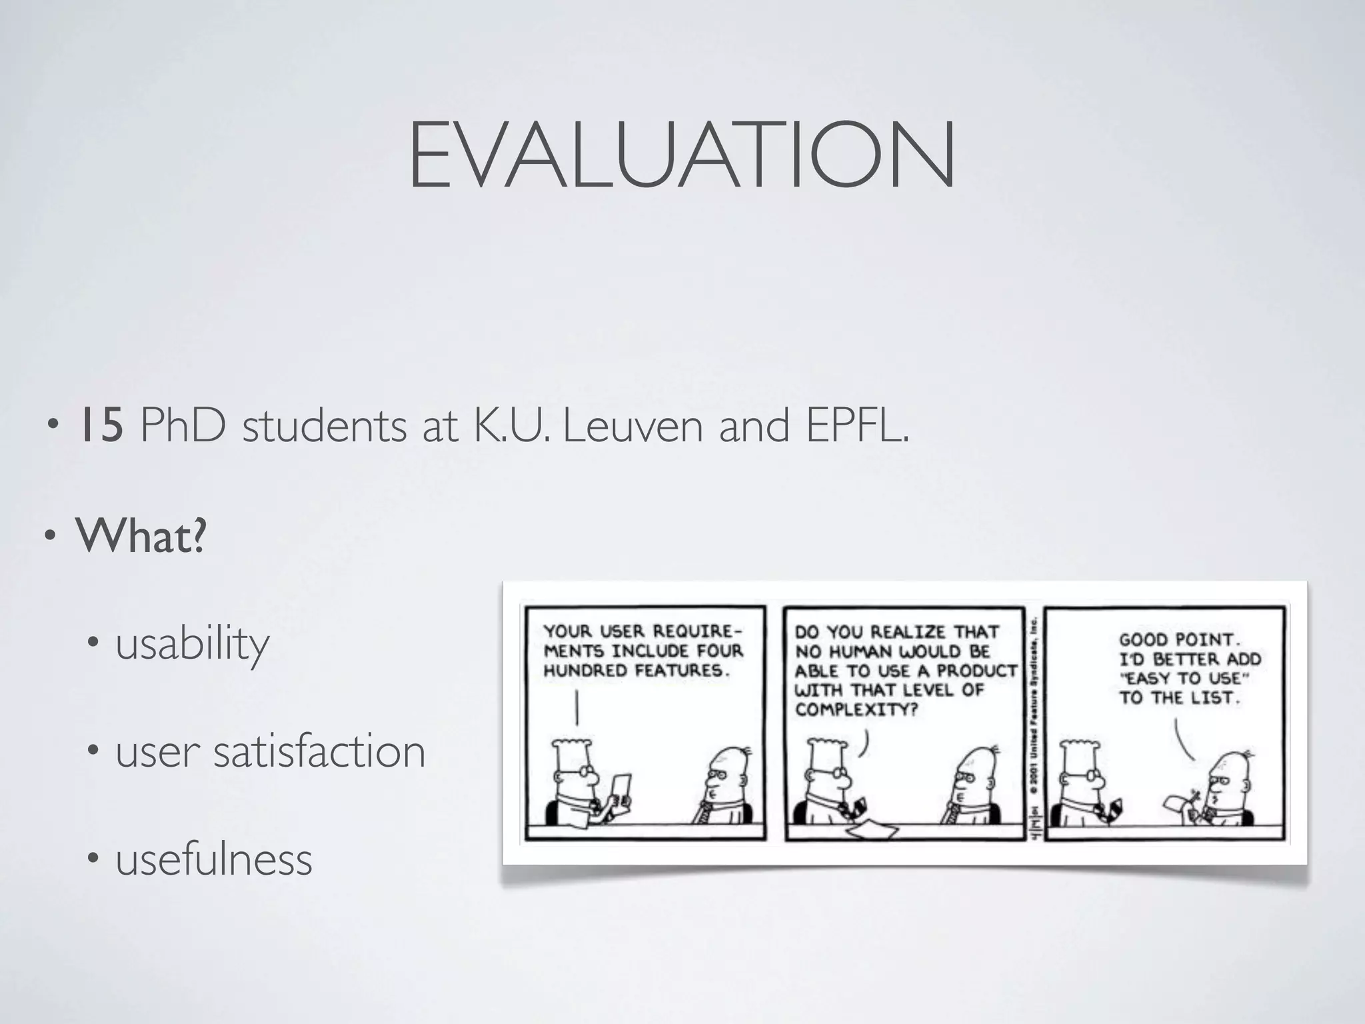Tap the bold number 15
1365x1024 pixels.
[101, 427]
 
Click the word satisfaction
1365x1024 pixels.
[319, 751]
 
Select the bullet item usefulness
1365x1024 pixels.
[214, 859]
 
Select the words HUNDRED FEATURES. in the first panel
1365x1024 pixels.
[637, 671]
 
